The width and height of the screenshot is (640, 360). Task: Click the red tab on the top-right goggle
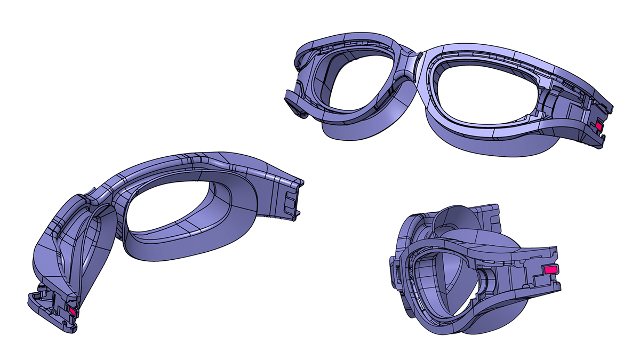[598, 126]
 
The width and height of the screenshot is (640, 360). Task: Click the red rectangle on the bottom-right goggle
[550, 270]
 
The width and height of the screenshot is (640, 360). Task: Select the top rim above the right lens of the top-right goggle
[496, 56]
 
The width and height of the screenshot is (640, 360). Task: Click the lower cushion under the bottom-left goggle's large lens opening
[187, 251]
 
